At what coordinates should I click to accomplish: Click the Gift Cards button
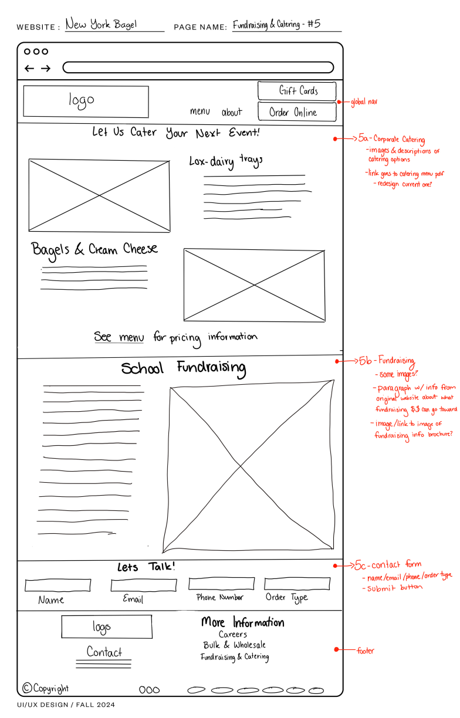click(x=297, y=91)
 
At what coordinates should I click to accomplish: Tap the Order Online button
click(x=297, y=111)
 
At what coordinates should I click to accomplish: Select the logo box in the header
click(x=86, y=101)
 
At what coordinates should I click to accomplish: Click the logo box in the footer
click(x=107, y=626)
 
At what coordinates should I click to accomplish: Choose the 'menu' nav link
click(x=199, y=111)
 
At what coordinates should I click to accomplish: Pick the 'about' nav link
click(x=232, y=112)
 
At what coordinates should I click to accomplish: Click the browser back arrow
click(x=29, y=68)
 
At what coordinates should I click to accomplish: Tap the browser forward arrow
click(x=46, y=68)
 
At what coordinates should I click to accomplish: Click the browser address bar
click(x=198, y=67)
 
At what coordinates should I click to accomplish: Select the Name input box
click(x=58, y=585)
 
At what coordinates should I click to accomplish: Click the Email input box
click(x=144, y=585)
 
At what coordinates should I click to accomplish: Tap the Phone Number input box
click(x=222, y=584)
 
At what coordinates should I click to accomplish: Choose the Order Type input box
click(x=297, y=584)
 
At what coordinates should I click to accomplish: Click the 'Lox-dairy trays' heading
click(x=226, y=161)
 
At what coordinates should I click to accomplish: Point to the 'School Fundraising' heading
click(x=184, y=368)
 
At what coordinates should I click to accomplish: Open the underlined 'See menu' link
click(x=119, y=337)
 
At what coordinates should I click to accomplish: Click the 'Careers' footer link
click(x=233, y=634)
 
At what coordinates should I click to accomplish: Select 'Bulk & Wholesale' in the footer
click(x=234, y=645)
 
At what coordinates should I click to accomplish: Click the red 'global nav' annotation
click(x=364, y=102)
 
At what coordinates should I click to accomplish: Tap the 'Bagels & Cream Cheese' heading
click(x=94, y=250)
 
